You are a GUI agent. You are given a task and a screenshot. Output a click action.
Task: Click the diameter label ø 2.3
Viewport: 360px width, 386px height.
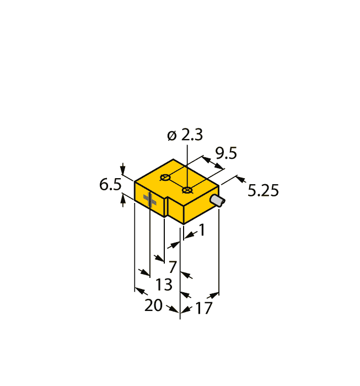(x=185, y=135)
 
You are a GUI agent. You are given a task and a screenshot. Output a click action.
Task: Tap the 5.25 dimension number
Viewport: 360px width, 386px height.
(x=263, y=191)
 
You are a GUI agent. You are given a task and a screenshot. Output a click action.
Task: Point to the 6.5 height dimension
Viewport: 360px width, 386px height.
(x=110, y=185)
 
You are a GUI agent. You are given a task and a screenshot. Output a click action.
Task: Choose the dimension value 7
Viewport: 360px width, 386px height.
(x=173, y=267)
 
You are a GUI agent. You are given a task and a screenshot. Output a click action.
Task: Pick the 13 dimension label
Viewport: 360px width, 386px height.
(x=164, y=285)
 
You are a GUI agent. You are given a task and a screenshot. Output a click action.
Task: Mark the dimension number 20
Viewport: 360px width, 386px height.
(x=154, y=305)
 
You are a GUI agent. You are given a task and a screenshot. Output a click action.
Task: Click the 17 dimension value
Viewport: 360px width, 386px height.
(x=203, y=308)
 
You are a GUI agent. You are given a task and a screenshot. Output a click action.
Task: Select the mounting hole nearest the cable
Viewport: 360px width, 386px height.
(x=187, y=190)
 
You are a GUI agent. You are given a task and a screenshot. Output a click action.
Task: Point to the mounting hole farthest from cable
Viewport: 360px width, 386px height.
(x=165, y=178)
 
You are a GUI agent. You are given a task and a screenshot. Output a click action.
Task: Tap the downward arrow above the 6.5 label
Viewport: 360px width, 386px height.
(x=123, y=169)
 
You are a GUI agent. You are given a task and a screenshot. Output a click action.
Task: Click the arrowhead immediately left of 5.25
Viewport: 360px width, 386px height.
(x=240, y=179)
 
